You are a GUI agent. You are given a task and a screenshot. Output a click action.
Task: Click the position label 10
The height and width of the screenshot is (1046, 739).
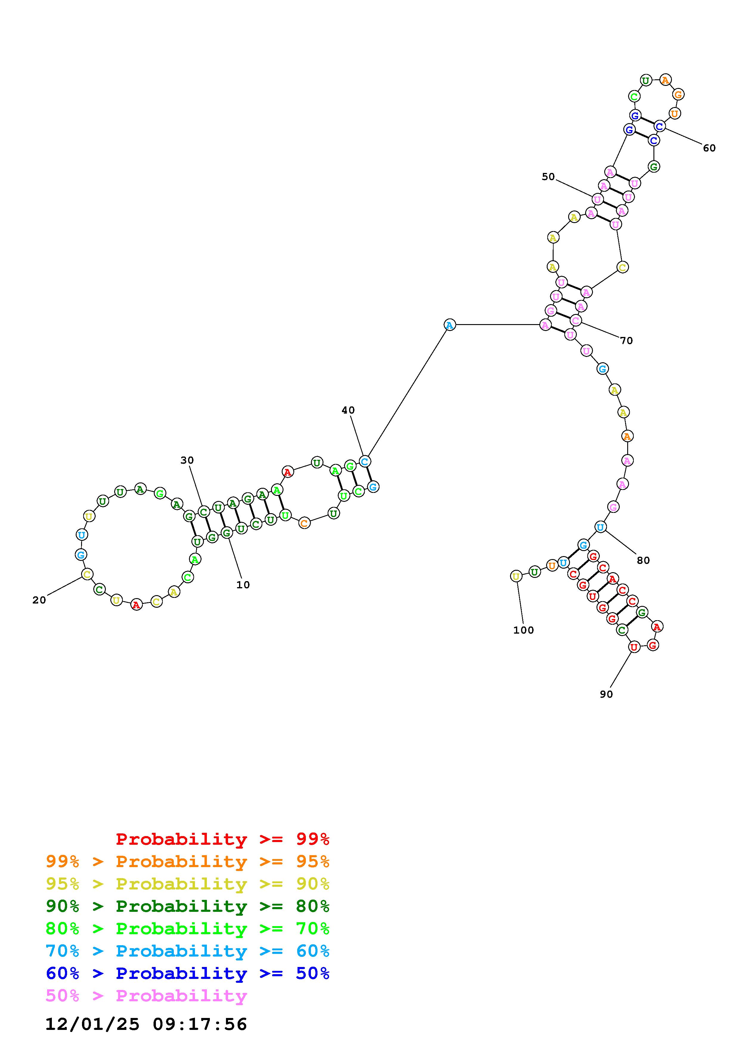point(243,585)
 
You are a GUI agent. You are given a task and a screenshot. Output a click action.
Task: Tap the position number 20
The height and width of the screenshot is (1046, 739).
point(39,601)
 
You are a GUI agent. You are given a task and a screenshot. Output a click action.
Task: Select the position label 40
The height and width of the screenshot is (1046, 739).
point(348,411)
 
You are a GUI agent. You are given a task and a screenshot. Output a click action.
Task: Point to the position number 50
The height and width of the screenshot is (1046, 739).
point(548,177)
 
